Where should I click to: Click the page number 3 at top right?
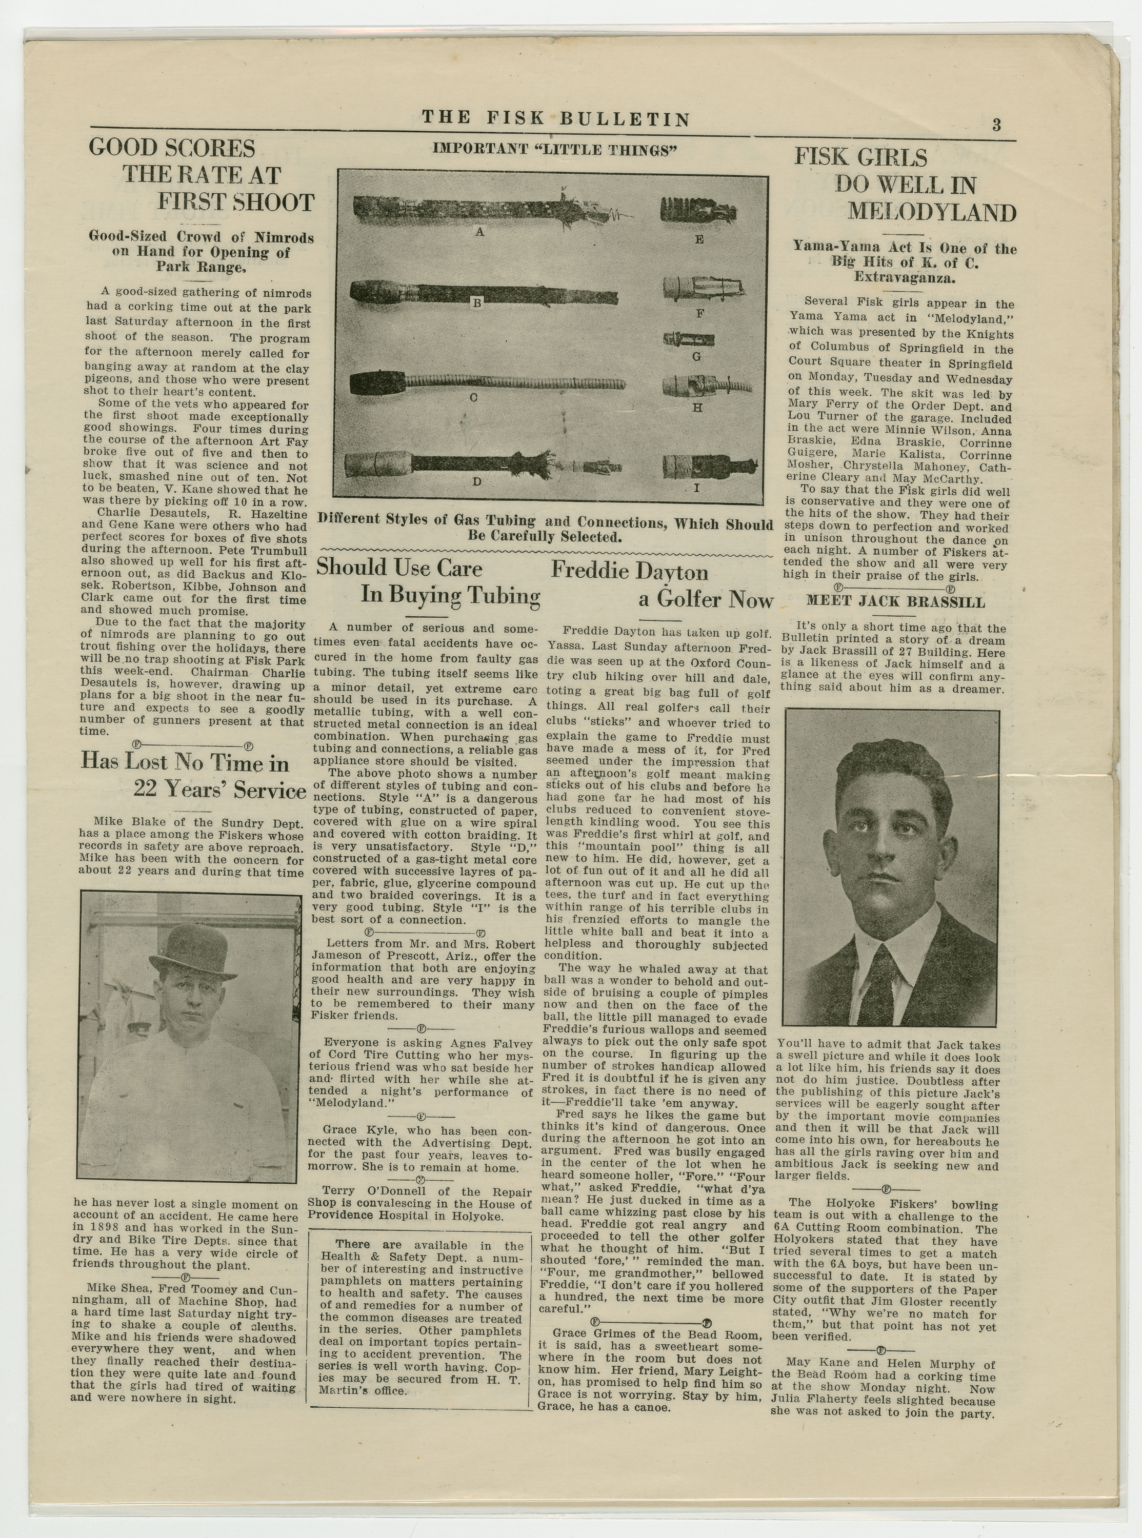[x=996, y=125]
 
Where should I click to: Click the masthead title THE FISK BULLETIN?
[x=556, y=119]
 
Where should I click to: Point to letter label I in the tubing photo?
[x=697, y=488]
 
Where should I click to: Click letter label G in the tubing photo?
[x=696, y=356]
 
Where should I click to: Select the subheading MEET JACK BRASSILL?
[x=895, y=602]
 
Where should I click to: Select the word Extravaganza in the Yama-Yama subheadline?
[x=905, y=278]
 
